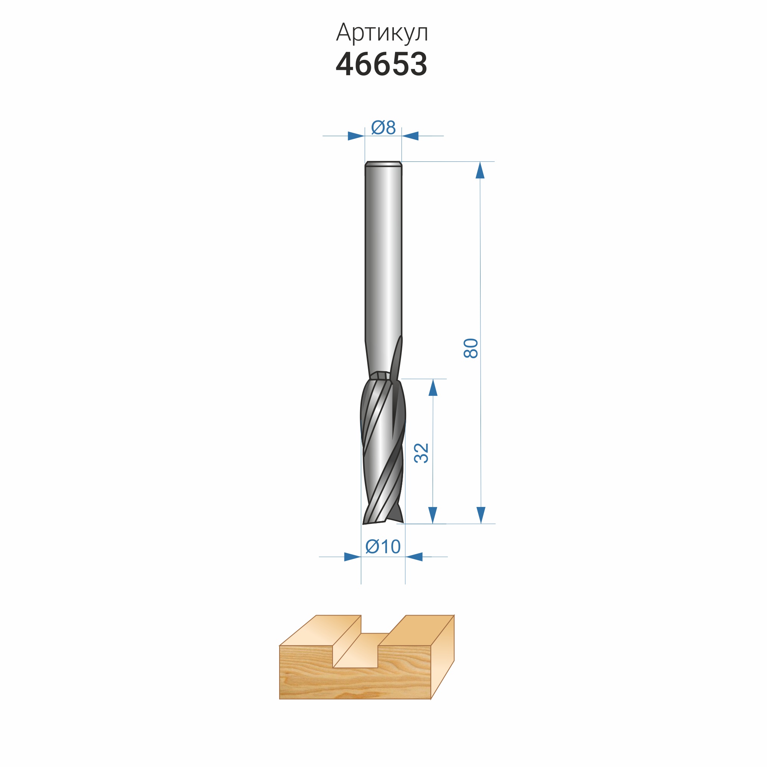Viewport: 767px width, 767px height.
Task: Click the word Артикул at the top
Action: pyautogui.click(x=382, y=33)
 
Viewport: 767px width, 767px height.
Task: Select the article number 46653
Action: pyautogui.click(x=382, y=64)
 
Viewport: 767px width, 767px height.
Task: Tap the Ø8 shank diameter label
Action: pyautogui.click(x=383, y=127)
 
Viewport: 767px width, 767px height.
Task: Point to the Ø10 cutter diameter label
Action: pyautogui.click(x=383, y=546)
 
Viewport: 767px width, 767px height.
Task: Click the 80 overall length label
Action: pyautogui.click(x=471, y=349)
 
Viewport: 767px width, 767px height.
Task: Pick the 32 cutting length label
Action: pyautogui.click(x=421, y=453)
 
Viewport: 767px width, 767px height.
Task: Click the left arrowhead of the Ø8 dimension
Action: pyautogui.click(x=356, y=136)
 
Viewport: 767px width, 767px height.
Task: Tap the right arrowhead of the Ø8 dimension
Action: pyautogui.click(x=410, y=136)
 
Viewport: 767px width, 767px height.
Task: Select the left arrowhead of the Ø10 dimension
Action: pyautogui.click(x=352, y=557)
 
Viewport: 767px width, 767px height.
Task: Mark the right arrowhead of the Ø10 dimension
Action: pyautogui.click(x=414, y=557)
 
